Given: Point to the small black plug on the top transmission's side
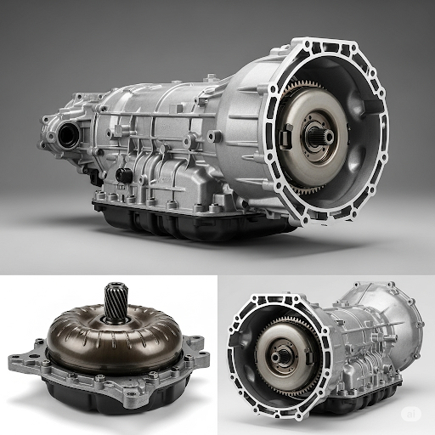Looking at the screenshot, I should coord(124,174).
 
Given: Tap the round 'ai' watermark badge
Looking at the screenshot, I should coord(415,415).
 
